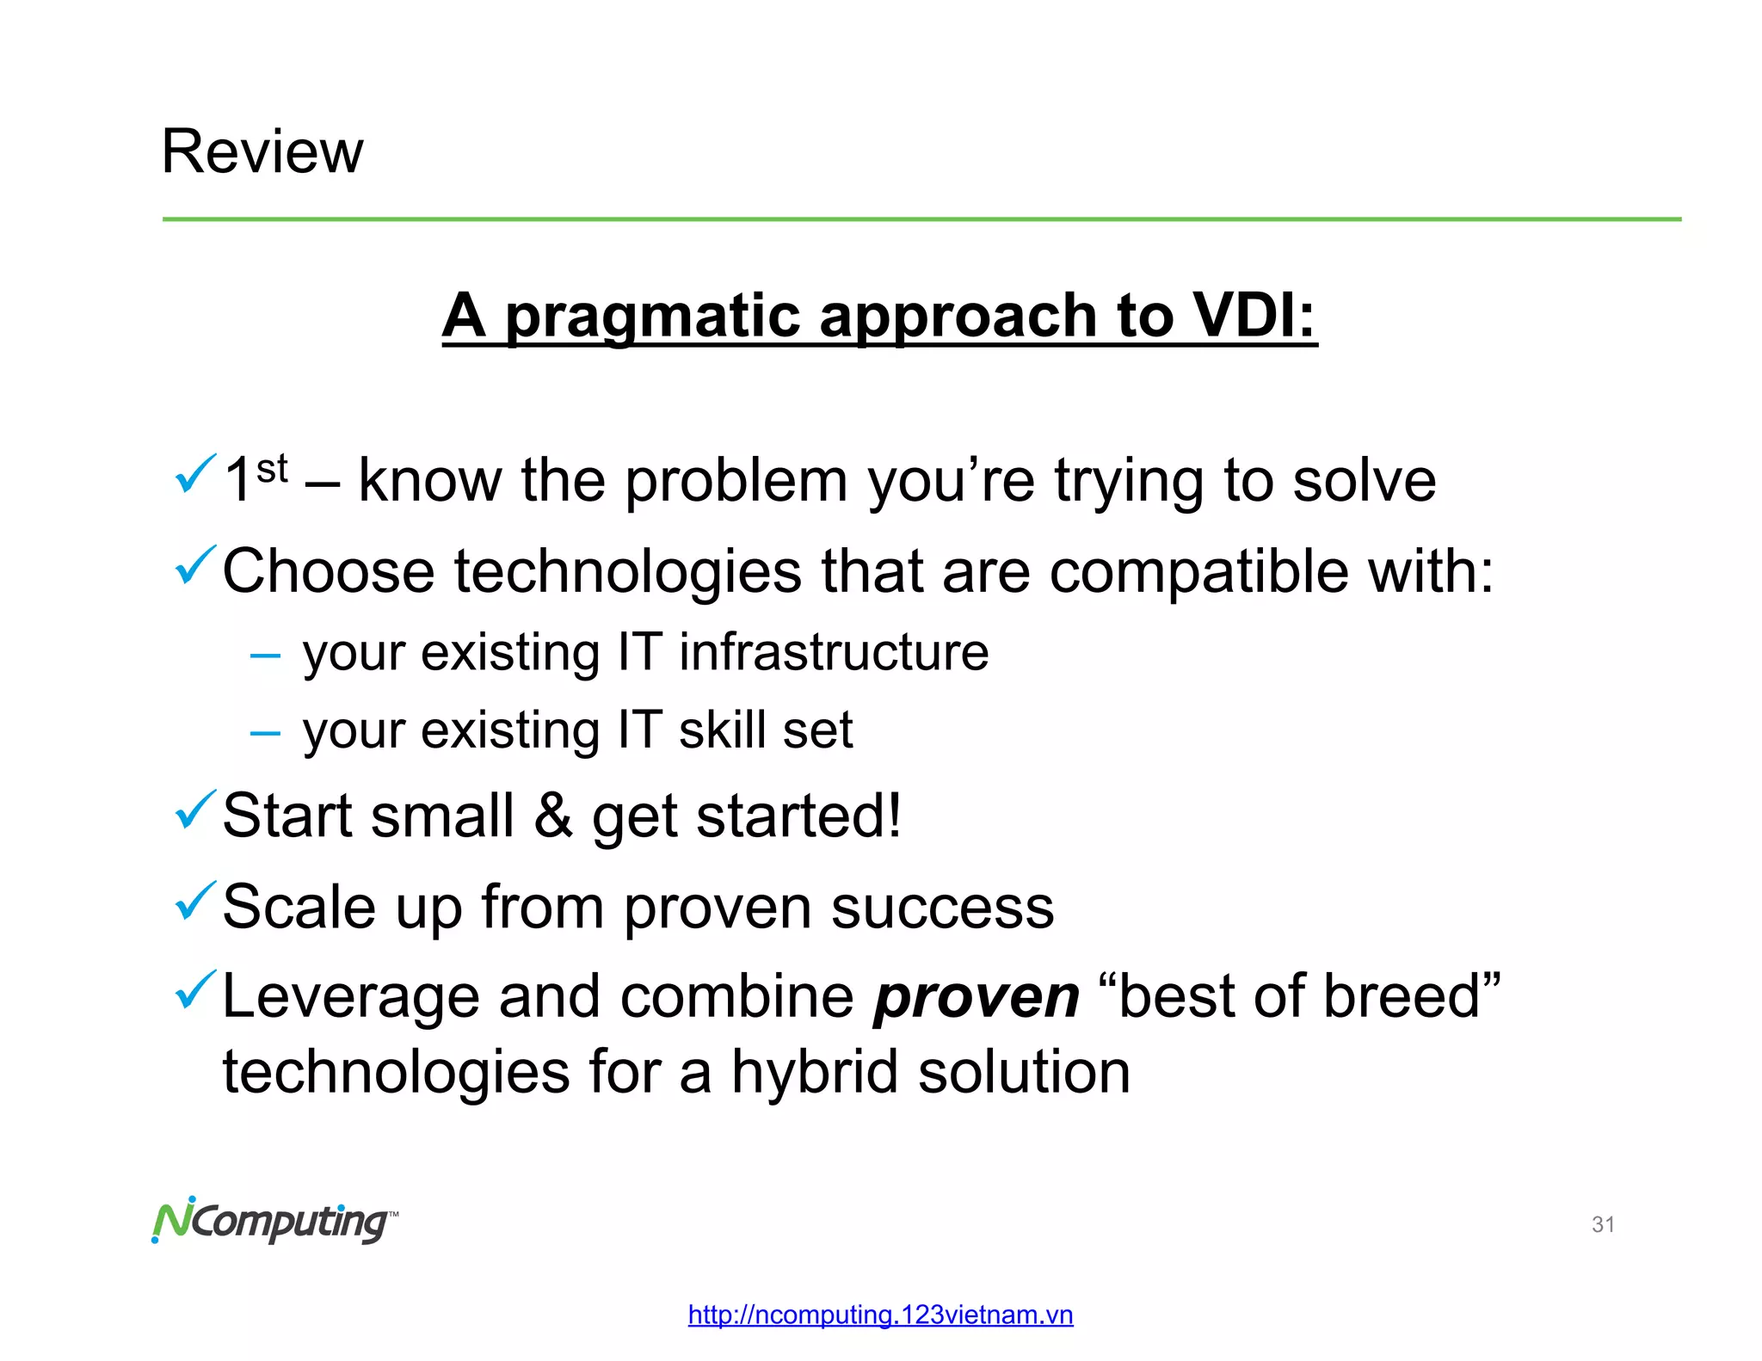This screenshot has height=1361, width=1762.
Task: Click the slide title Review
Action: point(262,151)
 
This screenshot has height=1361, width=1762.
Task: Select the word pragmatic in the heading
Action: point(652,317)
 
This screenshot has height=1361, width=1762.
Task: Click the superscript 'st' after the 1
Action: point(272,469)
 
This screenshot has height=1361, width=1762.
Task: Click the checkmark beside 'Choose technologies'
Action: point(195,564)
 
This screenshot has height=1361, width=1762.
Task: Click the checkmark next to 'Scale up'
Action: point(195,900)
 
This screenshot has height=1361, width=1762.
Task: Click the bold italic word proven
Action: point(976,998)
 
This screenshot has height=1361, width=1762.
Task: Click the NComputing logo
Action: point(274,1220)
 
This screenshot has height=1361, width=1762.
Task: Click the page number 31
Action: point(1603,1224)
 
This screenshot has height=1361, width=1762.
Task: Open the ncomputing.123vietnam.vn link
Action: point(880,1315)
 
